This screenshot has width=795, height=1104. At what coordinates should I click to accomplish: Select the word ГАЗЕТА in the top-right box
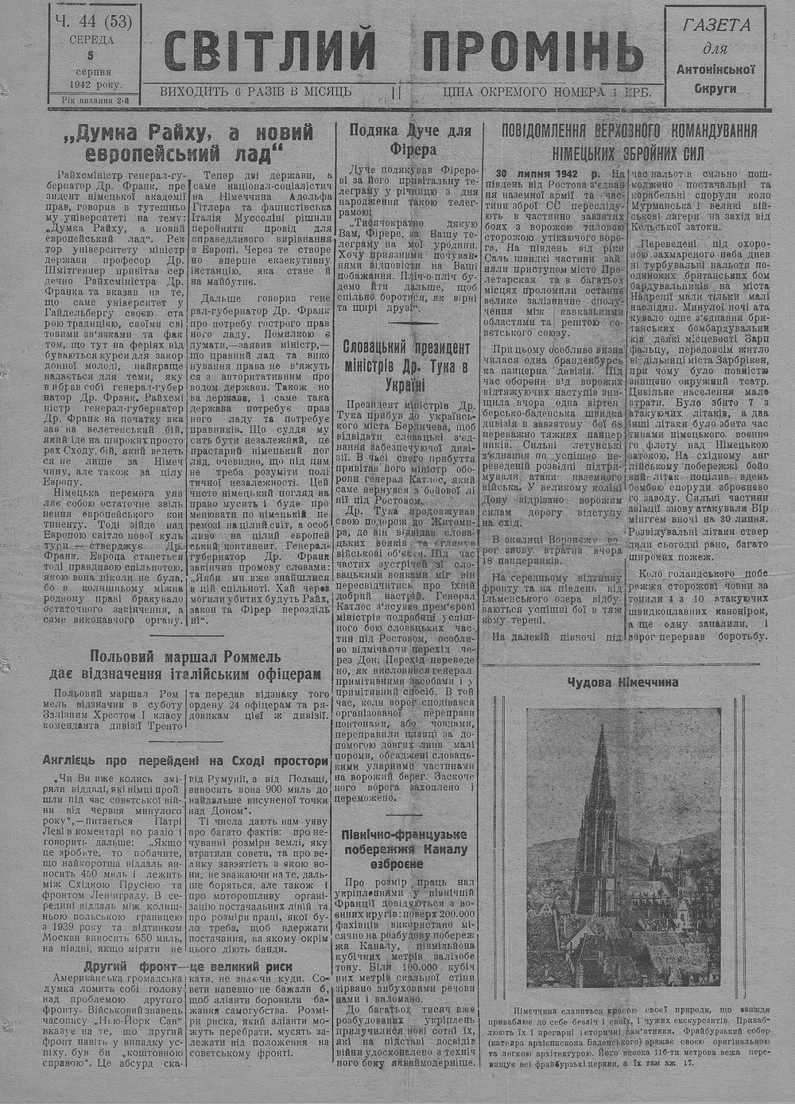pyautogui.click(x=716, y=25)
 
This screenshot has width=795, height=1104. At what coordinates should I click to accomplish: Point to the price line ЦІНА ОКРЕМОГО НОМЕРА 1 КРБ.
pyautogui.click(x=548, y=92)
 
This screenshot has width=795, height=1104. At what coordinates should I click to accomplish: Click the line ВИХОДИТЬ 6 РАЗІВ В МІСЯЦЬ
pyautogui.click(x=256, y=92)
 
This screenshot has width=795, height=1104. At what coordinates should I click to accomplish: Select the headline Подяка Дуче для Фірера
pyautogui.click(x=410, y=139)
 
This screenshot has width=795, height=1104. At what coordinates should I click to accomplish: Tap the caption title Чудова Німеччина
pyautogui.click(x=623, y=681)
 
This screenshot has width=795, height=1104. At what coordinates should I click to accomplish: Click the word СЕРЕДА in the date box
pyautogui.click(x=91, y=40)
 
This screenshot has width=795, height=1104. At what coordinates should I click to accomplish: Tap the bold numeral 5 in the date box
pyautogui.click(x=91, y=56)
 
